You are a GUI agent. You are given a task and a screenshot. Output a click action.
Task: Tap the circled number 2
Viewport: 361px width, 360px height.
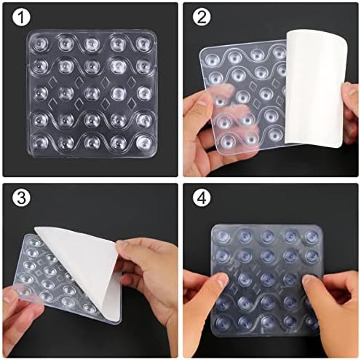coord(199,17)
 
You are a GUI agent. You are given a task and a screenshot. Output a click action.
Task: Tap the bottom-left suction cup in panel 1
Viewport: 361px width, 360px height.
coord(41,142)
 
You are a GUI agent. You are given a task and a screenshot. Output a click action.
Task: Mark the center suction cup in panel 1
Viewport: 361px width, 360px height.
coord(92,93)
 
